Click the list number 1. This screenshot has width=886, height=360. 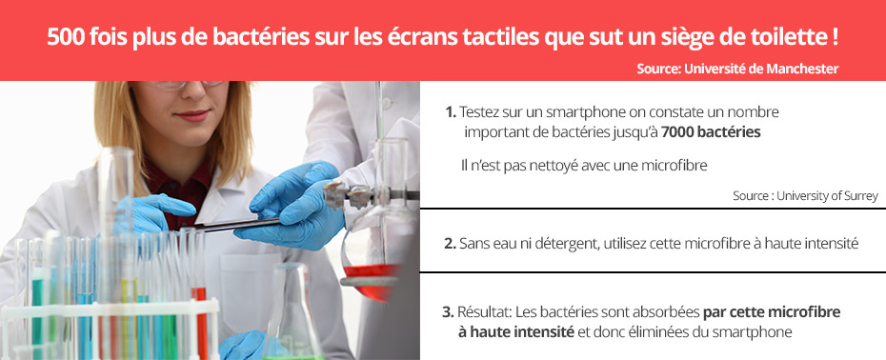click(x=450, y=111)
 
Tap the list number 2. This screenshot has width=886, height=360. click(x=450, y=244)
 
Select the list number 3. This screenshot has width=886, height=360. click(x=448, y=311)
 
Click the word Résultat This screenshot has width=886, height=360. click(x=483, y=311)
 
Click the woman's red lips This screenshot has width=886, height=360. click(x=193, y=115)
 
